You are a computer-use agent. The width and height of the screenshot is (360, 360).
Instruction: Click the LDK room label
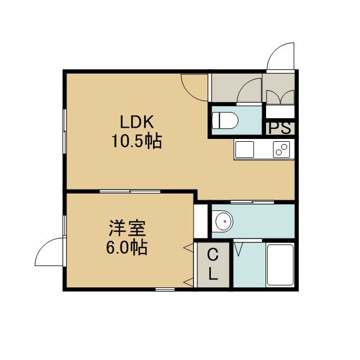[x=137, y=122]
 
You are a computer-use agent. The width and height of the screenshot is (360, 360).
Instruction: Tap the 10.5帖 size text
[x=137, y=141]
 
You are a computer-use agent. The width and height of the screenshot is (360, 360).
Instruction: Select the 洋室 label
[x=127, y=228]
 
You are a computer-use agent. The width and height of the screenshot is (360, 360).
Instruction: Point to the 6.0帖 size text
[x=127, y=247]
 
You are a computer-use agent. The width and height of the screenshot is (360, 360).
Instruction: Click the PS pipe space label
[x=280, y=128]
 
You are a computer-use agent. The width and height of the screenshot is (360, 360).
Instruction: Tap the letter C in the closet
[x=213, y=255]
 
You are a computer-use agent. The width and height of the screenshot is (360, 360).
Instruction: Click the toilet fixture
[x=226, y=120]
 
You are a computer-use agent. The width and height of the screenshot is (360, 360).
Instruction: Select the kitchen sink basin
[x=245, y=150]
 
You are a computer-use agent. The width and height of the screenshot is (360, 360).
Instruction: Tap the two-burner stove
[x=281, y=150]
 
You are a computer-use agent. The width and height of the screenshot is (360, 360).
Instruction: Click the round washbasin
[x=224, y=221]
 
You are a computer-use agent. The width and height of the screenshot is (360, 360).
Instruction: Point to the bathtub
[x=280, y=265]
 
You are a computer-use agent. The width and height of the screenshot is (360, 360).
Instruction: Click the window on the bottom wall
[x=165, y=289]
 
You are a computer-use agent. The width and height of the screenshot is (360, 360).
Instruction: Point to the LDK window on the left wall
[x=65, y=131]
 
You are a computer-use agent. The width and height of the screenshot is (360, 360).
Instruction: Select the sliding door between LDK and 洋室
[x=130, y=191]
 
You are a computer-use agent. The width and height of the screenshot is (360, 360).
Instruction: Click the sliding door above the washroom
[x=252, y=202]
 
